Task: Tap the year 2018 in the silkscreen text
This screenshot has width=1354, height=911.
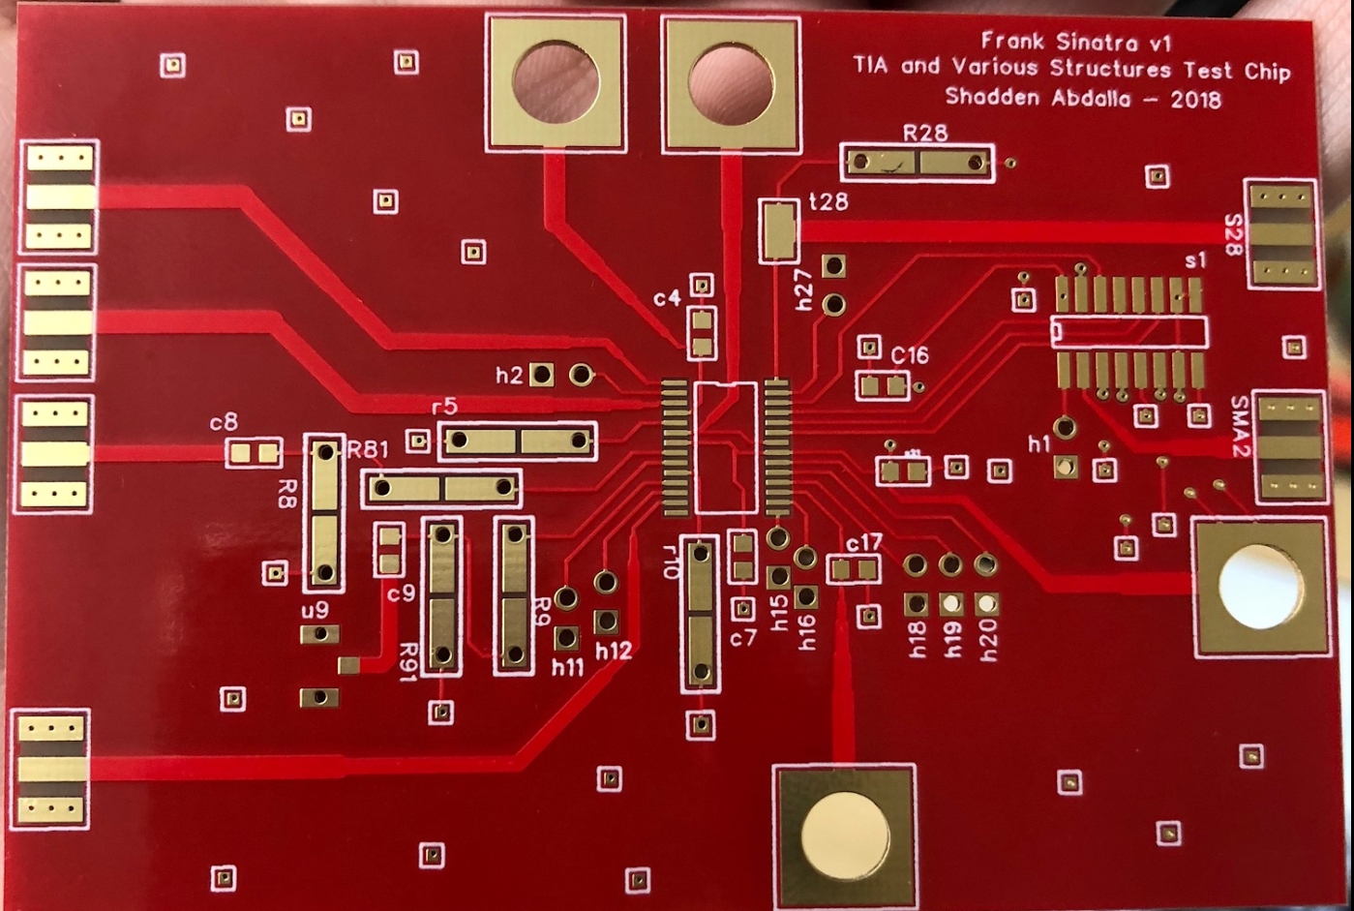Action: tap(1195, 99)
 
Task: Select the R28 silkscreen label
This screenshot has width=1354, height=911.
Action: tap(925, 133)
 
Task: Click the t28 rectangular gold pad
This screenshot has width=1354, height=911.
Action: tap(778, 230)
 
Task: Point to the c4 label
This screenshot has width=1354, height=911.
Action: tap(667, 298)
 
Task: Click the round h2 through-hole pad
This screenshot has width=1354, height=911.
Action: tap(581, 374)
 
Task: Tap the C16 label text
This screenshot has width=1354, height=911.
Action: tap(910, 355)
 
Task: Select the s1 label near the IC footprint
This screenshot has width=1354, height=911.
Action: tap(1196, 260)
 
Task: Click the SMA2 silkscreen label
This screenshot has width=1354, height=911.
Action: tap(1240, 426)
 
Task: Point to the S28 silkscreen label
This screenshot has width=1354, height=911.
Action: tap(1233, 235)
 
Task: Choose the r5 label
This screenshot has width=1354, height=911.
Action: tap(444, 406)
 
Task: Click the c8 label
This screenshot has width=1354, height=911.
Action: tap(224, 422)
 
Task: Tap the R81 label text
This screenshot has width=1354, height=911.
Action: tap(368, 449)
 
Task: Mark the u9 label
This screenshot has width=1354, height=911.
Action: tap(315, 610)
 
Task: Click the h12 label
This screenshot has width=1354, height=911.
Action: tap(613, 651)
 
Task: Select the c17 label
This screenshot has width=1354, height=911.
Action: tap(863, 541)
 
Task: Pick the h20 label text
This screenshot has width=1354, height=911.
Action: tap(988, 640)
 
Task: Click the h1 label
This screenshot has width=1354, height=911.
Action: tap(1038, 444)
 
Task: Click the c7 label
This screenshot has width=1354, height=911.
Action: tap(742, 638)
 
